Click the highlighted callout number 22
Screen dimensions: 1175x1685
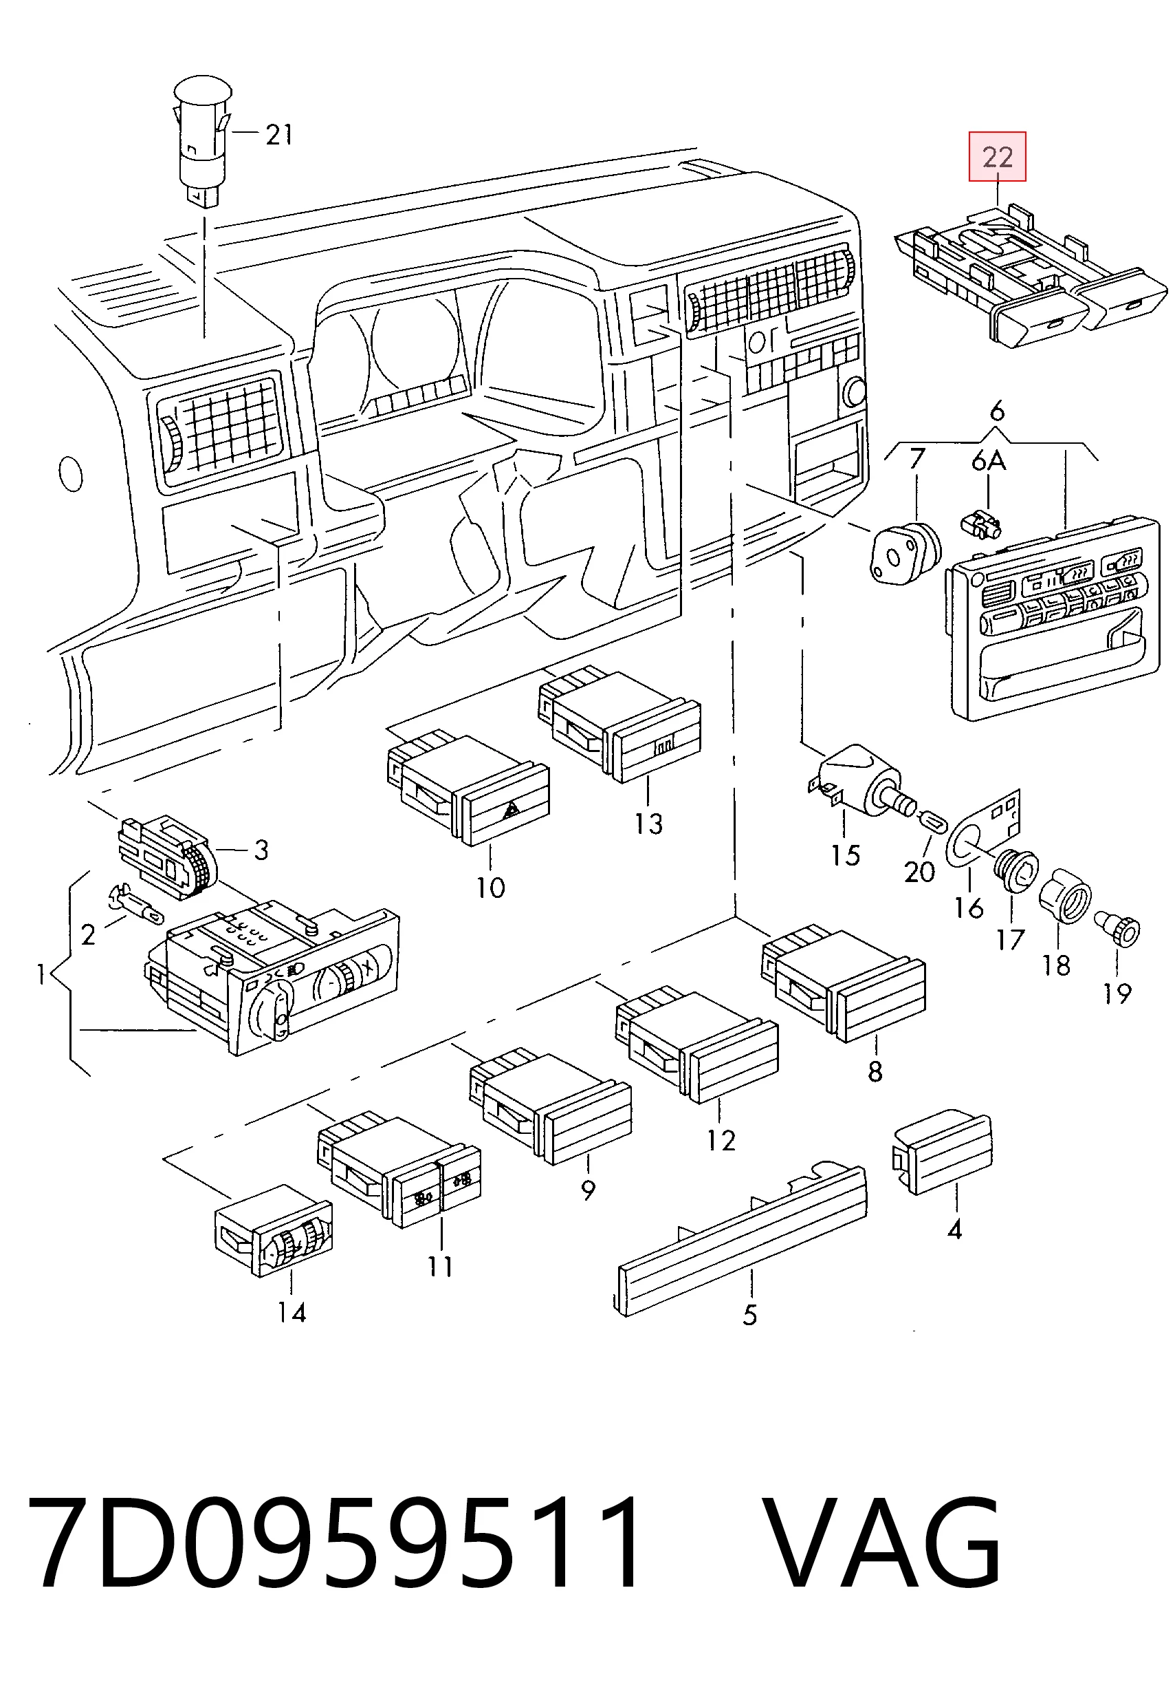997,156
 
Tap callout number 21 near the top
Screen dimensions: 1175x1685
278,134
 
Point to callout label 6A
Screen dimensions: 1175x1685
988,462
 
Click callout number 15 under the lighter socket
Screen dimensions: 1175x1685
845,855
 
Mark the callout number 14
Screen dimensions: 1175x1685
292,1312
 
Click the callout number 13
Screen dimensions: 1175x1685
648,824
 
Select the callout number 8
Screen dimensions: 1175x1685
875,1071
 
